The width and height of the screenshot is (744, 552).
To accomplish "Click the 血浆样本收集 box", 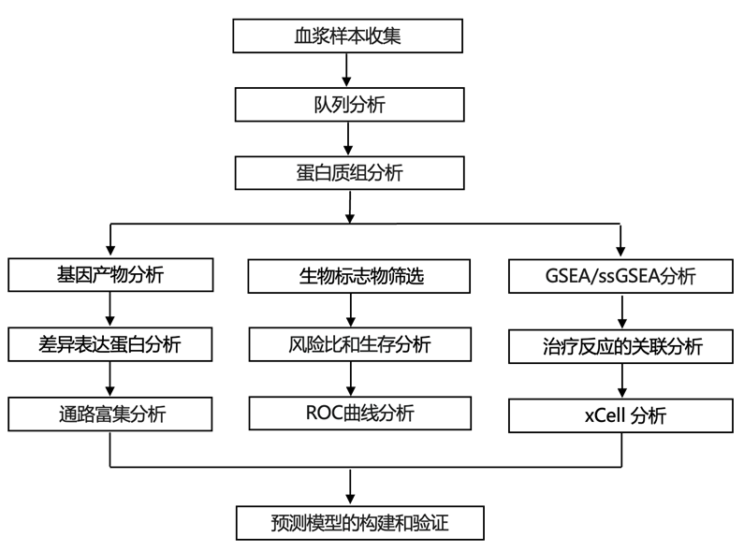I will (x=348, y=36).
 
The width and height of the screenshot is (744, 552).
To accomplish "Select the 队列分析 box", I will (x=348, y=105).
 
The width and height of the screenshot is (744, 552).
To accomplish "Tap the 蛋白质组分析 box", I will (x=348, y=173).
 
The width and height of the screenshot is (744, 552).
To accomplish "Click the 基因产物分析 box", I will (x=111, y=276).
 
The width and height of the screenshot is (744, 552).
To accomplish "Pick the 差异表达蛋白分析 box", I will (x=111, y=344).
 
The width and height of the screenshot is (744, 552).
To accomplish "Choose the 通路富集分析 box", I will (x=111, y=413).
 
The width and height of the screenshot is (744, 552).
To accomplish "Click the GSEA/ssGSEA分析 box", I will (x=620, y=277).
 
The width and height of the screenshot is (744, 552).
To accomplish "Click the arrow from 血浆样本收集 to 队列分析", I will (x=348, y=70).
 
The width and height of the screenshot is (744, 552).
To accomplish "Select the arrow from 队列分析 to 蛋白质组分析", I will (x=348, y=138).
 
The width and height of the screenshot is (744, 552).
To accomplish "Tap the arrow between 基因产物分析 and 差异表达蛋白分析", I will (x=111, y=310).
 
